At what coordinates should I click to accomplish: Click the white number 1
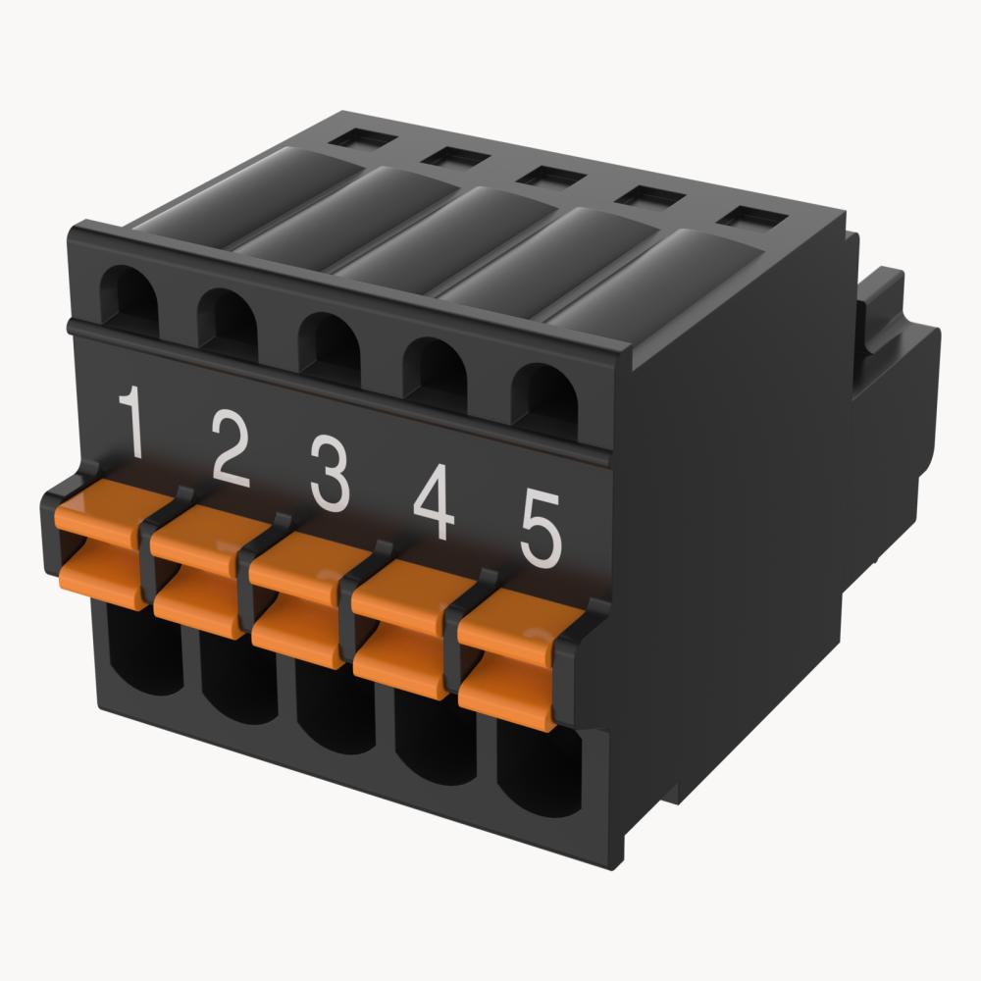(132, 424)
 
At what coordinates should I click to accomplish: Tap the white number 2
(231, 451)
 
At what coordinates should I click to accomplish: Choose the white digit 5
(539, 530)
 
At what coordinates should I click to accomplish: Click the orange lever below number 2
(197, 579)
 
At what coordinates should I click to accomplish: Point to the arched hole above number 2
(228, 321)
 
